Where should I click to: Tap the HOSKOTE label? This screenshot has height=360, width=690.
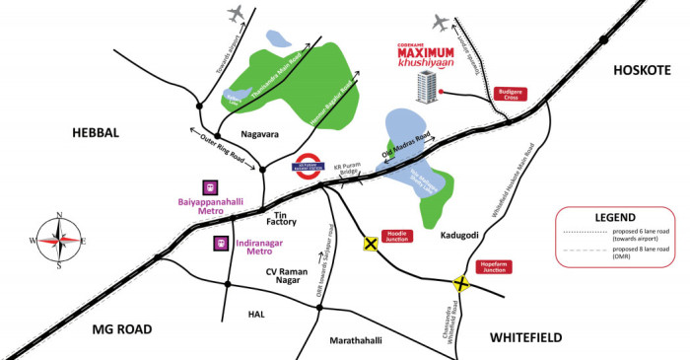click(x=642, y=69)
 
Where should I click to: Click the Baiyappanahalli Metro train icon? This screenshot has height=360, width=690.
click(x=209, y=186)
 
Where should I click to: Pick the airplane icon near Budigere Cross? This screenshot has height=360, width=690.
click(x=441, y=22)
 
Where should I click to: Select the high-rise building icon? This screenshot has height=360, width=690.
click(x=425, y=87)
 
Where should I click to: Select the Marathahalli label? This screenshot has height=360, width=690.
click(x=356, y=340)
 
